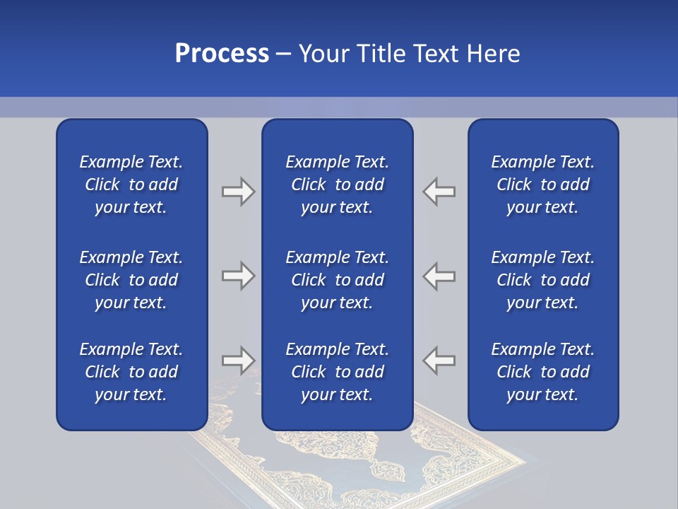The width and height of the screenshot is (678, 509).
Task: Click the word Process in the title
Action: tap(222, 54)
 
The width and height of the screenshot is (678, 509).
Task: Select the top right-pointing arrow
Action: tap(238, 192)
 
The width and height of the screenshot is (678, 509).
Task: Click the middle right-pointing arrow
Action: tap(238, 276)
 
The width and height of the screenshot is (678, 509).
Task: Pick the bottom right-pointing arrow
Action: tap(238, 360)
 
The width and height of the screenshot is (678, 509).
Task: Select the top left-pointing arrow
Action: tap(439, 192)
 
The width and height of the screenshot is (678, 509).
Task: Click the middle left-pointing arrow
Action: tap(439, 276)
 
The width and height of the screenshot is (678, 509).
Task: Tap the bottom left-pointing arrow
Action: tap(439, 360)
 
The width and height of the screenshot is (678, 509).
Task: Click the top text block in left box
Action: tap(131, 185)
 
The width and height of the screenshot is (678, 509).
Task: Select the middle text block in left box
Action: tap(131, 280)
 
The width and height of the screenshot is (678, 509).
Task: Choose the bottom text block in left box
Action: tap(131, 372)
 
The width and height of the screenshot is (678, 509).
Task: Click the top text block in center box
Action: tap(337, 185)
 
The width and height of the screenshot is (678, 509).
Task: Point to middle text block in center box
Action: tap(337, 280)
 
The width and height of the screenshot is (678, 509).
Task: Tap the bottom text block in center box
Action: tap(337, 372)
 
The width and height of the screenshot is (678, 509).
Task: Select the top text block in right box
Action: tap(542, 185)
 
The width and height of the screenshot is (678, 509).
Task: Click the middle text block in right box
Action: tap(542, 280)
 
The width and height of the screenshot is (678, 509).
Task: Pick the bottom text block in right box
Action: tap(542, 372)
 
